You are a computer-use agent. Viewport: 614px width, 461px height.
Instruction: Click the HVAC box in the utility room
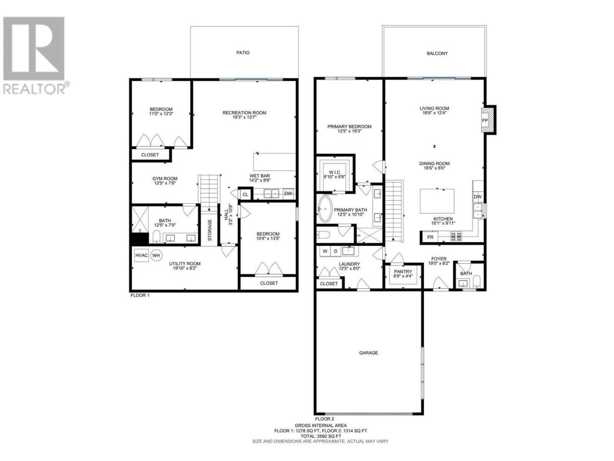coord(141,255)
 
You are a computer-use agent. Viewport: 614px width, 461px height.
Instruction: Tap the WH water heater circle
coord(156,255)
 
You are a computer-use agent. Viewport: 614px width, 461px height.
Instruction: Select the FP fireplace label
coord(485,121)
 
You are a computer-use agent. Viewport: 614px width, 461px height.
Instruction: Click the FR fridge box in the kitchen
coord(430,237)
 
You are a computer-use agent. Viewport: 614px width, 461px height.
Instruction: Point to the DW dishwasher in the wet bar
coord(288,194)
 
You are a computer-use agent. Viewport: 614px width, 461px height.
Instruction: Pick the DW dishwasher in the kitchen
coord(477,197)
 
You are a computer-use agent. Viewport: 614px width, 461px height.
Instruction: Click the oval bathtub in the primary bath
coord(324,209)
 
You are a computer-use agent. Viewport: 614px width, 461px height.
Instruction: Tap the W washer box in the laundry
coord(325,251)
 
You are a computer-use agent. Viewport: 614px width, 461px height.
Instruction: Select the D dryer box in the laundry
coord(335,251)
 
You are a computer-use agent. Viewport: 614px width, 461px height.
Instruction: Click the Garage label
coord(368,353)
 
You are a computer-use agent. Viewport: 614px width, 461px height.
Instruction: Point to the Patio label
coord(243,53)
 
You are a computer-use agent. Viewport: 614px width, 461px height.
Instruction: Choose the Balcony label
coord(437,53)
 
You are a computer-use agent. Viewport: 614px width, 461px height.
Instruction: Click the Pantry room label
coord(403,271)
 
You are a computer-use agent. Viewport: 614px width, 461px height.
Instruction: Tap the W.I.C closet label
coord(334,172)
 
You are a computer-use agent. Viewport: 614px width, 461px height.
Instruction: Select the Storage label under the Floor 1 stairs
coord(210,230)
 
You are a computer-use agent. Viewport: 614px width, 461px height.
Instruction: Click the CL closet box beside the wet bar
coord(245,194)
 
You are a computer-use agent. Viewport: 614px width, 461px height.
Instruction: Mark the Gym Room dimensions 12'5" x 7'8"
coord(165,183)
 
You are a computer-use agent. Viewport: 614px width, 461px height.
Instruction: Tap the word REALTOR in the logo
coord(34,89)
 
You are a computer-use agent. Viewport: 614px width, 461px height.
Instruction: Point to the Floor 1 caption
coord(140,295)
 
